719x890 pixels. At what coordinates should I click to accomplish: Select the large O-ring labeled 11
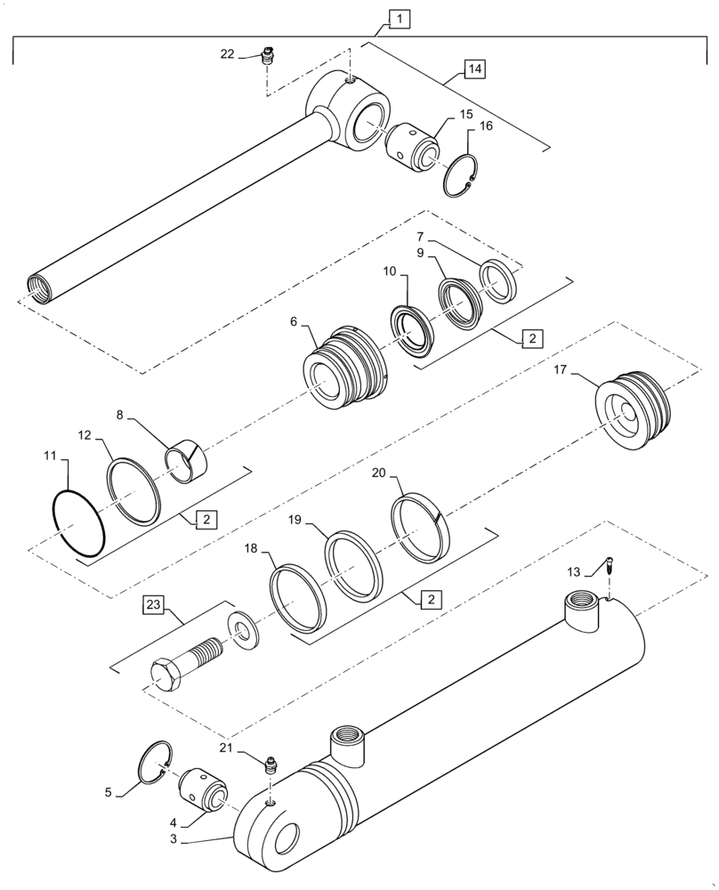pos(78,525)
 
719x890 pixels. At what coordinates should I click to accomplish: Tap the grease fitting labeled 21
pos(271,763)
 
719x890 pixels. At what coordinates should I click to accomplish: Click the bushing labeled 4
pos(205,789)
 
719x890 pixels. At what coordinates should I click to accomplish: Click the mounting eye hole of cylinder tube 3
pos(289,837)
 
